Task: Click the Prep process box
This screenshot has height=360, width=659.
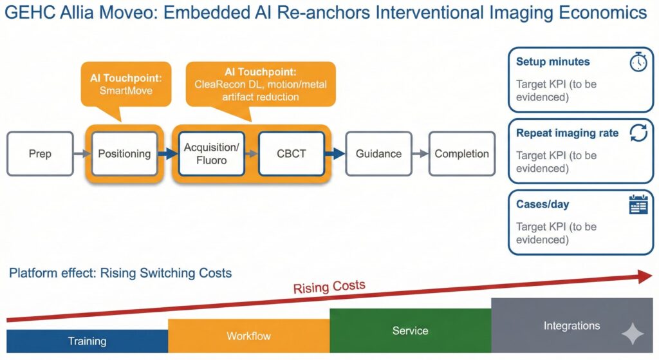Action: [x=41, y=153]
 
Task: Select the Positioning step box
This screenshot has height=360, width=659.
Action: [x=124, y=153]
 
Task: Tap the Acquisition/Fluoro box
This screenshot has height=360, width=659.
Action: [x=211, y=153]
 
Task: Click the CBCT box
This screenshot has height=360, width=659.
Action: [x=292, y=153]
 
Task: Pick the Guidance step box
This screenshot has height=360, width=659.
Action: [x=378, y=153]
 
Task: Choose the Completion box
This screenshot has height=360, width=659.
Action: [x=462, y=153]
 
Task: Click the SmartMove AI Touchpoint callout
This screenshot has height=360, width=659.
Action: [x=126, y=84]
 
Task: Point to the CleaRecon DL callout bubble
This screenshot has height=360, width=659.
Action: [x=261, y=84]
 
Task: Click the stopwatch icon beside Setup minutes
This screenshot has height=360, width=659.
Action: [x=638, y=62]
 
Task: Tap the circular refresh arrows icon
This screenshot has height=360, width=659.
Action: [x=638, y=133]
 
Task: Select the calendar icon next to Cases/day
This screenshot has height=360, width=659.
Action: [x=638, y=204]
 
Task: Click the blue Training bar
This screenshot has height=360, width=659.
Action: [x=88, y=341]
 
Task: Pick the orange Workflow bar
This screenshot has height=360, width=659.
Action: [x=249, y=336]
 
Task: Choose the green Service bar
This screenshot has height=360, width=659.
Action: [x=411, y=330]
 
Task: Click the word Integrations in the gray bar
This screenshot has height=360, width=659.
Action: [x=571, y=325]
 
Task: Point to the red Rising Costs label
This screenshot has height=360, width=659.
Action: [x=329, y=287]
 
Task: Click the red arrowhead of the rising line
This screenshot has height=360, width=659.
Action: [x=645, y=276]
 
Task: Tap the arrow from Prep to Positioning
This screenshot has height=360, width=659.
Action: [x=82, y=153]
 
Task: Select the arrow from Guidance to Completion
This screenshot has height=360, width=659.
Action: [x=420, y=153]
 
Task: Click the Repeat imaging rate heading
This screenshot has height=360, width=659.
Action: [x=568, y=133]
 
